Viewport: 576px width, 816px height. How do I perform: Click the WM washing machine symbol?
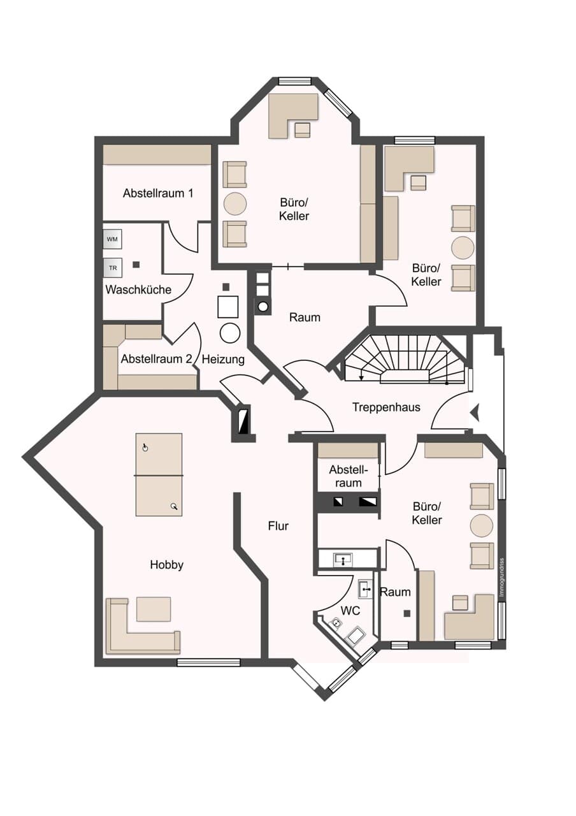click(x=112, y=239)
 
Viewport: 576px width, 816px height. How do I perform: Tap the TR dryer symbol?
click(x=113, y=268)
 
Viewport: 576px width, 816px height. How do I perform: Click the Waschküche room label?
click(x=138, y=290)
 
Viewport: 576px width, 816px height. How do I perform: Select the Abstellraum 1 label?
click(x=158, y=193)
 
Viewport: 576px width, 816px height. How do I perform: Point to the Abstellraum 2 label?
click(x=156, y=359)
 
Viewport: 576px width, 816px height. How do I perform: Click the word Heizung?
click(x=223, y=360)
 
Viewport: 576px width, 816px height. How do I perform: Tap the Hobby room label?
click(x=167, y=565)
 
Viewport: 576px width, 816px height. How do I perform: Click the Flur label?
click(x=278, y=526)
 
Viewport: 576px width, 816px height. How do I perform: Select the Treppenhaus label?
click(x=386, y=407)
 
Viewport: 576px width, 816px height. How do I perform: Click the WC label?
click(x=350, y=611)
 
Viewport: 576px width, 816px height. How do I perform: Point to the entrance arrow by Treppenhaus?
click(x=475, y=413)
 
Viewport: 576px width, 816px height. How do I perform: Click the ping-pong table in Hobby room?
click(x=159, y=475)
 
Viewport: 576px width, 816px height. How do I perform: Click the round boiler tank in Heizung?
click(x=230, y=333)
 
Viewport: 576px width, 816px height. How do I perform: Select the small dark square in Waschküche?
click(x=136, y=265)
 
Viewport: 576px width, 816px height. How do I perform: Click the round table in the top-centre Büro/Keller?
click(x=235, y=204)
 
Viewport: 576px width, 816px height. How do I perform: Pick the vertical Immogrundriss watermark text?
click(x=501, y=578)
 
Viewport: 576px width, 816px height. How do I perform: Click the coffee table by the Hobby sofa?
click(x=154, y=609)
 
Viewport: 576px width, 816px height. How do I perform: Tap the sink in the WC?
click(x=365, y=590)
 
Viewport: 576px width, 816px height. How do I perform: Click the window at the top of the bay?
click(x=294, y=81)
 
